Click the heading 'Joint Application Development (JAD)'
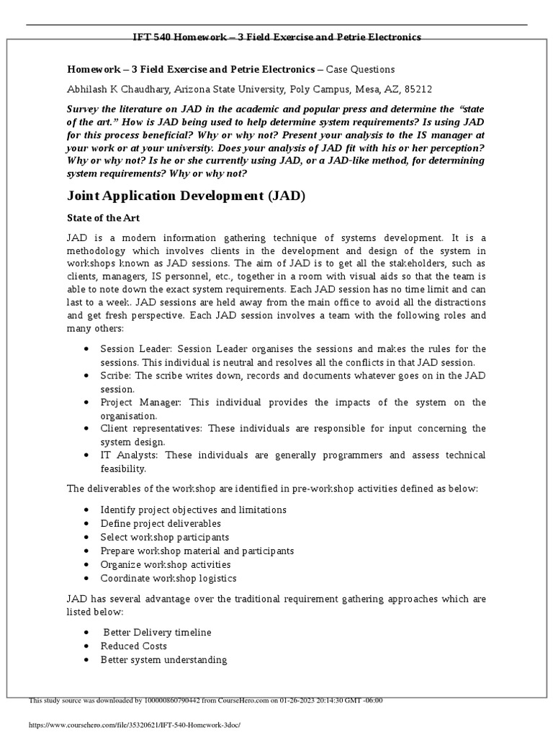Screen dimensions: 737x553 pyautogui.click(x=186, y=196)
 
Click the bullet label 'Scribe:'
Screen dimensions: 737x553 pyautogui.click(x=116, y=376)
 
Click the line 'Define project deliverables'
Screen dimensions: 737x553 pyautogui.click(x=161, y=523)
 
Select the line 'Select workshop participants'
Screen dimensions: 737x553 pyautogui.click(x=165, y=537)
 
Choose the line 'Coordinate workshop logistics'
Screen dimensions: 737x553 pyautogui.click(x=168, y=578)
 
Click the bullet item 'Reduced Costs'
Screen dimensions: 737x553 pyautogui.click(x=134, y=646)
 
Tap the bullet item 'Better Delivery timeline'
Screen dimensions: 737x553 pyautogui.click(x=158, y=632)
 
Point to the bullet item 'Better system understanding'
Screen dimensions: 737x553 pyautogui.click(x=163, y=659)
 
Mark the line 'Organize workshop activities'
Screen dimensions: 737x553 pyautogui.click(x=166, y=564)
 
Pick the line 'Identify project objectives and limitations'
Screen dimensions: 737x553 pyautogui.click(x=194, y=510)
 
